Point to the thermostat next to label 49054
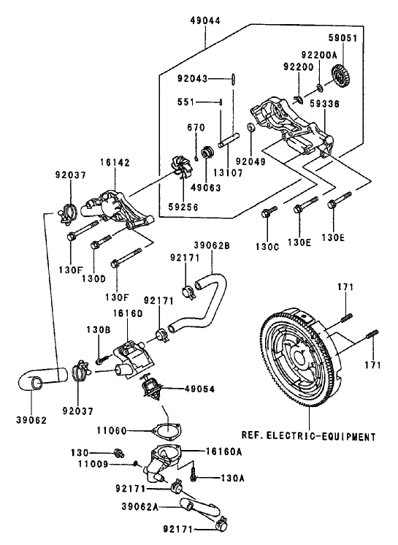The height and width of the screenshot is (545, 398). click(150, 389)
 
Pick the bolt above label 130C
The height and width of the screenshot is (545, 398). click(268, 213)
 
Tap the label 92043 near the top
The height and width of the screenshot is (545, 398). click(192, 77)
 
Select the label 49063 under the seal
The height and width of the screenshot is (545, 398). click(207, 186)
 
